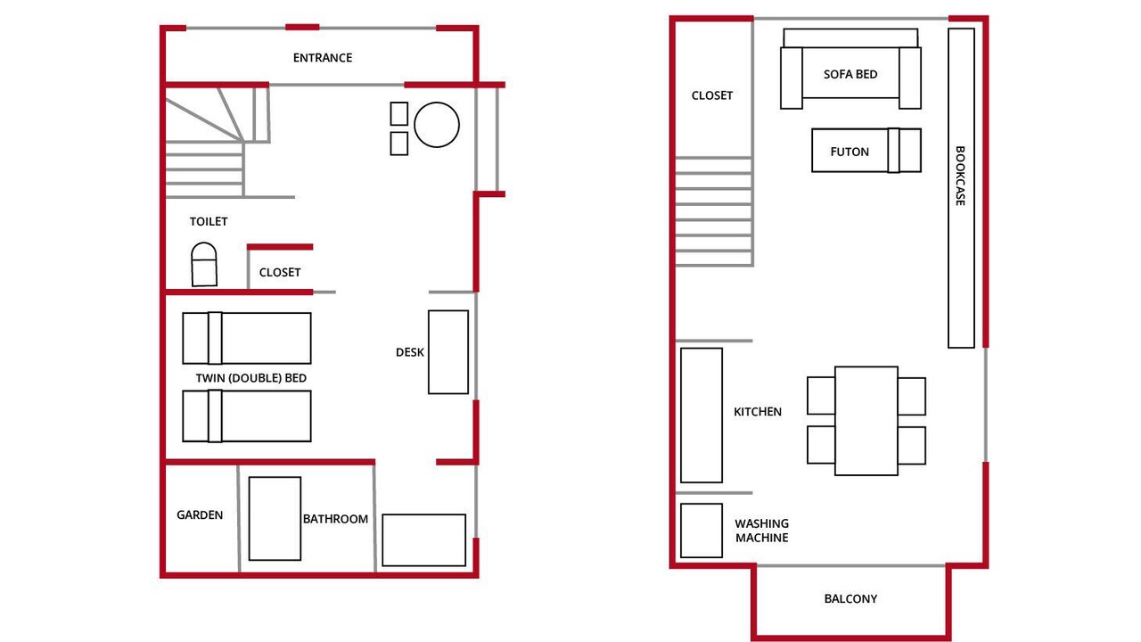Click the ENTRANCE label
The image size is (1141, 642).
pyautogui.click(x=323, y=58)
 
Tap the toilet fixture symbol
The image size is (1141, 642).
pyautogui.click(x=204, y=265)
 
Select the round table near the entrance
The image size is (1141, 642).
pyautogui.click(x=437, y=125)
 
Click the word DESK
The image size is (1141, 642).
pyautogui.click(x=409, y=352)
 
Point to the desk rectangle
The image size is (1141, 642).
pyautogui.click(x=448, y=352)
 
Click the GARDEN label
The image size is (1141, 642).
pyautogui.click(x=200, y=515)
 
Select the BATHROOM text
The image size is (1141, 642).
pyautogui.click(x=335, y=519)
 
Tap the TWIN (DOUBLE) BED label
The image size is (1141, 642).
pyautogui.click(x=251, y=378)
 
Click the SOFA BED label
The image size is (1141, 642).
pyautogui.click(x=850, y=74)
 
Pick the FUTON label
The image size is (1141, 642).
pyautogui.click(x=850, y=152)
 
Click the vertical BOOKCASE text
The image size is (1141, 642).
pyautogui.click(x=960, y=176)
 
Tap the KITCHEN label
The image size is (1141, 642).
pyautogui.click(x=758, y=412)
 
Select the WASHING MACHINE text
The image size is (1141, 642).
pyautogui.click(x=761, y=531)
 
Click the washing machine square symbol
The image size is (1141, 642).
pyautogui.click(x=702, y=531)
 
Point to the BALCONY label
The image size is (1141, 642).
pyautogui.click(x=850, y=598)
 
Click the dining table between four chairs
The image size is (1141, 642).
pyautogui.click(x=866, y=421)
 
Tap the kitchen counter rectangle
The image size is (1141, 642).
pyautogui.click(x=702, y=416)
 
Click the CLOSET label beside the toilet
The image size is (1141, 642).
pyautogui.click(x=280, y=273)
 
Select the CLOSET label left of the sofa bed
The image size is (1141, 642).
pyautogui.click(x=711, y=95)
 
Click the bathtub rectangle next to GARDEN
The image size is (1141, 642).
pyautogui.click(x=275, y=519)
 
